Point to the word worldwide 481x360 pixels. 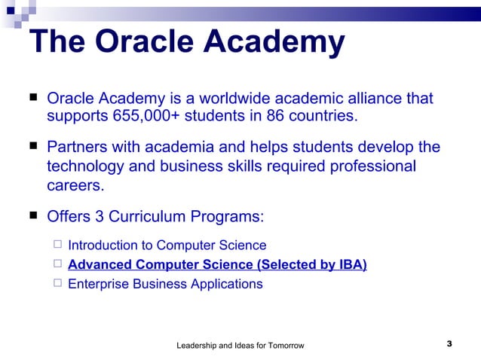tap(237, 99)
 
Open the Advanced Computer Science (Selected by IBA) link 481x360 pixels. tap(217, 264)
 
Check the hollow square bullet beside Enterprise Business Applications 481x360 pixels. tap(57, 283)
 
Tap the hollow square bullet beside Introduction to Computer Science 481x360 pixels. tap(57, 245)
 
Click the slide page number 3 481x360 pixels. tap(449, 344)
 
